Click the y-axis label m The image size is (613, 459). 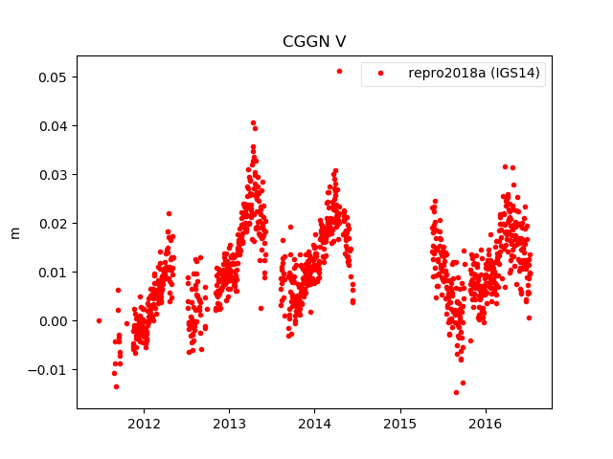pos(14,232)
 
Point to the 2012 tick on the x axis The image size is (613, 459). pos(144,424)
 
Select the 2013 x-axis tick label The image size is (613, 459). pos(229,424)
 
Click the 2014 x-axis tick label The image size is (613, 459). pos(314,424)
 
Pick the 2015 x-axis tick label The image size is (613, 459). pos(399,424)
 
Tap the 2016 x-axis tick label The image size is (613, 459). pos(486,424)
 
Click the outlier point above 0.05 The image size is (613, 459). pos(339,71)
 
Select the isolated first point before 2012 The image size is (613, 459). pos(99,320)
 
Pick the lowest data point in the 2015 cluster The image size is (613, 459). pos(456,392)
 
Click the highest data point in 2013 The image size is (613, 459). pos(253,122)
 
